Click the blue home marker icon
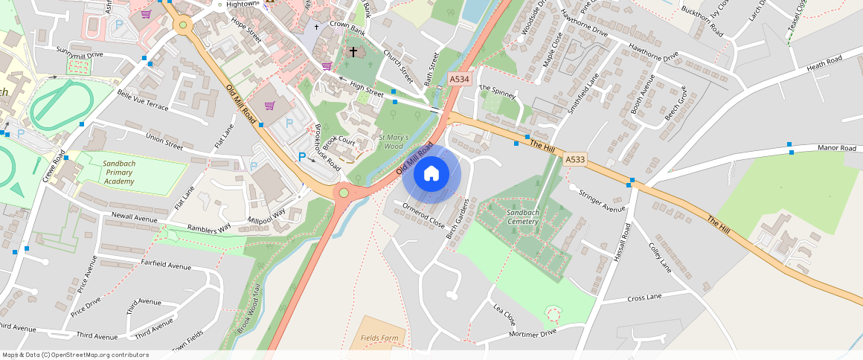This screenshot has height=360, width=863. pos(431,174)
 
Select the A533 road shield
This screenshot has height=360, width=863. pos(574,159)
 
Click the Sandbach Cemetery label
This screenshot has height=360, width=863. pos(527,216)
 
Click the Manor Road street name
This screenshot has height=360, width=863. pos(837,148)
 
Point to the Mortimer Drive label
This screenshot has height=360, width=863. pos(533,333)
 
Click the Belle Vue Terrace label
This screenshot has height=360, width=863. pos(143,100)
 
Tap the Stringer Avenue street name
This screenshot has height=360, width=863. pos(602,201)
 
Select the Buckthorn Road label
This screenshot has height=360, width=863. pos(702,21)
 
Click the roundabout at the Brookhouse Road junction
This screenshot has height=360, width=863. pos(343,193)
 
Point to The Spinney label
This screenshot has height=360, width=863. pos(497,91)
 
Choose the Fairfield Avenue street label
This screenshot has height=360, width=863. pos(164,266)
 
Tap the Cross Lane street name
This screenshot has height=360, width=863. pos(644,298)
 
